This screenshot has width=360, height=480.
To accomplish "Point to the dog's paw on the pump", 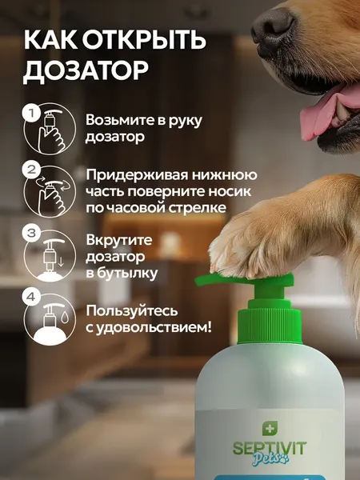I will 247,240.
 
